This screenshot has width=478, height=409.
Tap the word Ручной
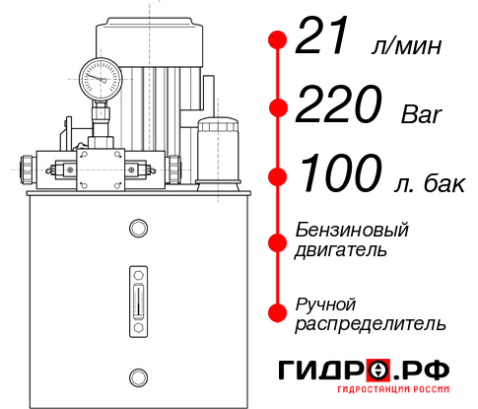coord(325,303)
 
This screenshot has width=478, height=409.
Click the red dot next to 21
coord(278,39)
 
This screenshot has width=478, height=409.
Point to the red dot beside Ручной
coord(278,311)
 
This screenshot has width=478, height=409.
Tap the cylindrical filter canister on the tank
coord(216,148)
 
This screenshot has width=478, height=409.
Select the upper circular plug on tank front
coord(138,229)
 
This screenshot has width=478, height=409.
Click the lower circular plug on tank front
coord(138,375)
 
